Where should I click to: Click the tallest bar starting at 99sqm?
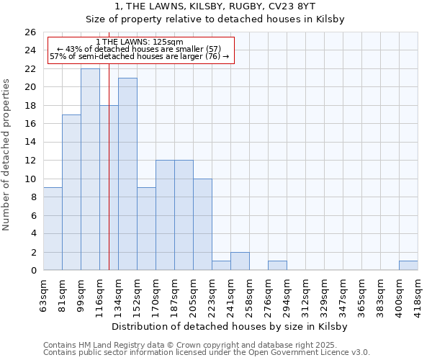[90, 169]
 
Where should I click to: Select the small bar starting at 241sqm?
[240, 261]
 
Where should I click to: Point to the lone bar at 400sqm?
[408, 266]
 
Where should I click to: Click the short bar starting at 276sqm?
[277, 266]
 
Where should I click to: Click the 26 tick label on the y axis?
[30, 32]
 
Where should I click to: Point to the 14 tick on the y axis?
[30, 143]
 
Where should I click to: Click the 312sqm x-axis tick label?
[305, 294]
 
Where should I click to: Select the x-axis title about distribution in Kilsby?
[230, 326]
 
